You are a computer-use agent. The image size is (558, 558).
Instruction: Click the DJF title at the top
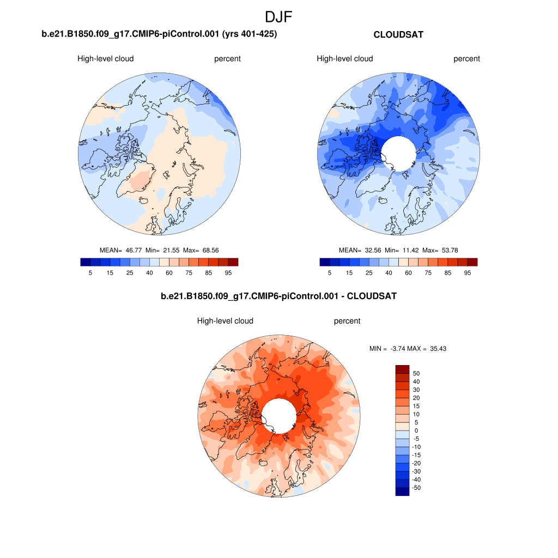[x=278, y=17]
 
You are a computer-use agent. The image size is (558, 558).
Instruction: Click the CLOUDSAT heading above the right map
[x=398, y=34]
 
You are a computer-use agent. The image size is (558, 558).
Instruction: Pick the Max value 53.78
[x=447, y=250]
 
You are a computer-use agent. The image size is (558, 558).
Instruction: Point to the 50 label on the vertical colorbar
[x=417, y=373]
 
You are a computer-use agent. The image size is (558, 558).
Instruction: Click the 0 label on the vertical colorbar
[x=417, y=430]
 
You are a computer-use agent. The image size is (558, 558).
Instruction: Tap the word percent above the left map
[x=227, y=59]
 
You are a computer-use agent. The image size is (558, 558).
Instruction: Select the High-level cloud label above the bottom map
[x=225, y=321]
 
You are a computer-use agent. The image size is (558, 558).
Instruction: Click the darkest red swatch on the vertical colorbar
[x=402, y=369]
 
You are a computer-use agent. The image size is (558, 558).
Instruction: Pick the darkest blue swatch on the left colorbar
[x=85, y=262]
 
